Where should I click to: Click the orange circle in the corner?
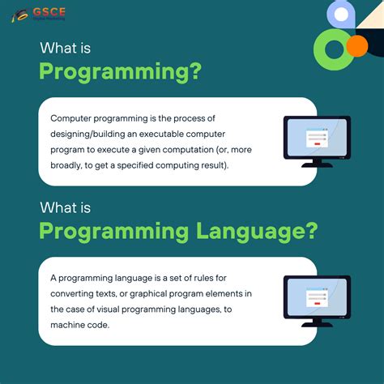pos(356,46)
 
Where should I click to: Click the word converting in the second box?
pos(75,294)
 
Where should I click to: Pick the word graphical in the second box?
pos(157,294)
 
